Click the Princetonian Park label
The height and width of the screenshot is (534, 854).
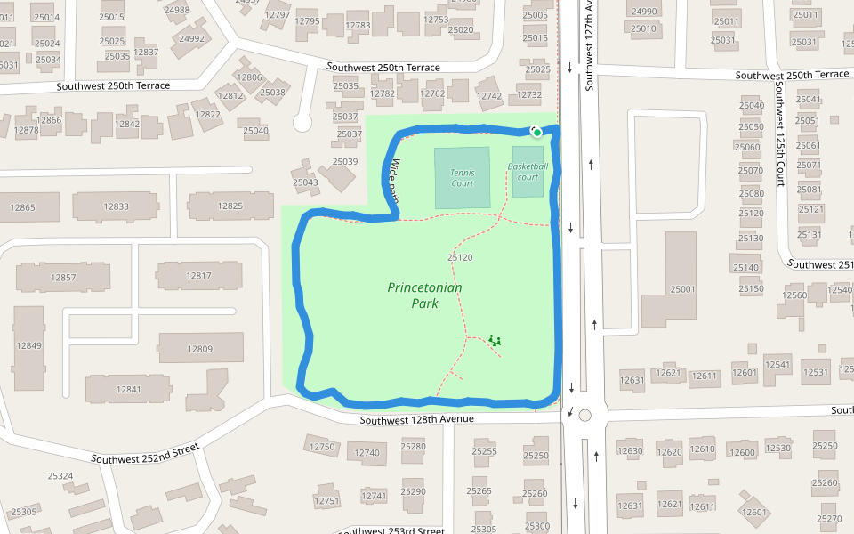[x=425, y=295]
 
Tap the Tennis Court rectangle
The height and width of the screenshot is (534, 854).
[x=462, y=177]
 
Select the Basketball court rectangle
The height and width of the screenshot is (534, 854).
[x=528, y=171]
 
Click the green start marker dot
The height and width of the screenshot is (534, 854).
[x=536, y=132]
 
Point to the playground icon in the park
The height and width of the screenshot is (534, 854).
[x=495, y=340]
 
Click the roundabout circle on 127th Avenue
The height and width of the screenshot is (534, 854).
[x=584, y=415]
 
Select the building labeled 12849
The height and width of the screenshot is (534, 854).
[x=29, y=346]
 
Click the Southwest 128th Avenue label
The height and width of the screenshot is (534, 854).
[x=417, y=418]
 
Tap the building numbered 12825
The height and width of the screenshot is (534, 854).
[x=230, y=206]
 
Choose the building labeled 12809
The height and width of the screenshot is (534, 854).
[x=201, y=348]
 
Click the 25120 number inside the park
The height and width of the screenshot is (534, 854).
[x=459, y=257]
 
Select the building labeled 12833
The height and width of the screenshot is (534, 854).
[x=116, y=206]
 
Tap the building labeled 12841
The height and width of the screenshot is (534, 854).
[x=129, y=389]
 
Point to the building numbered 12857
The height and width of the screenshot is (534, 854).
[x=63, y=277]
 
